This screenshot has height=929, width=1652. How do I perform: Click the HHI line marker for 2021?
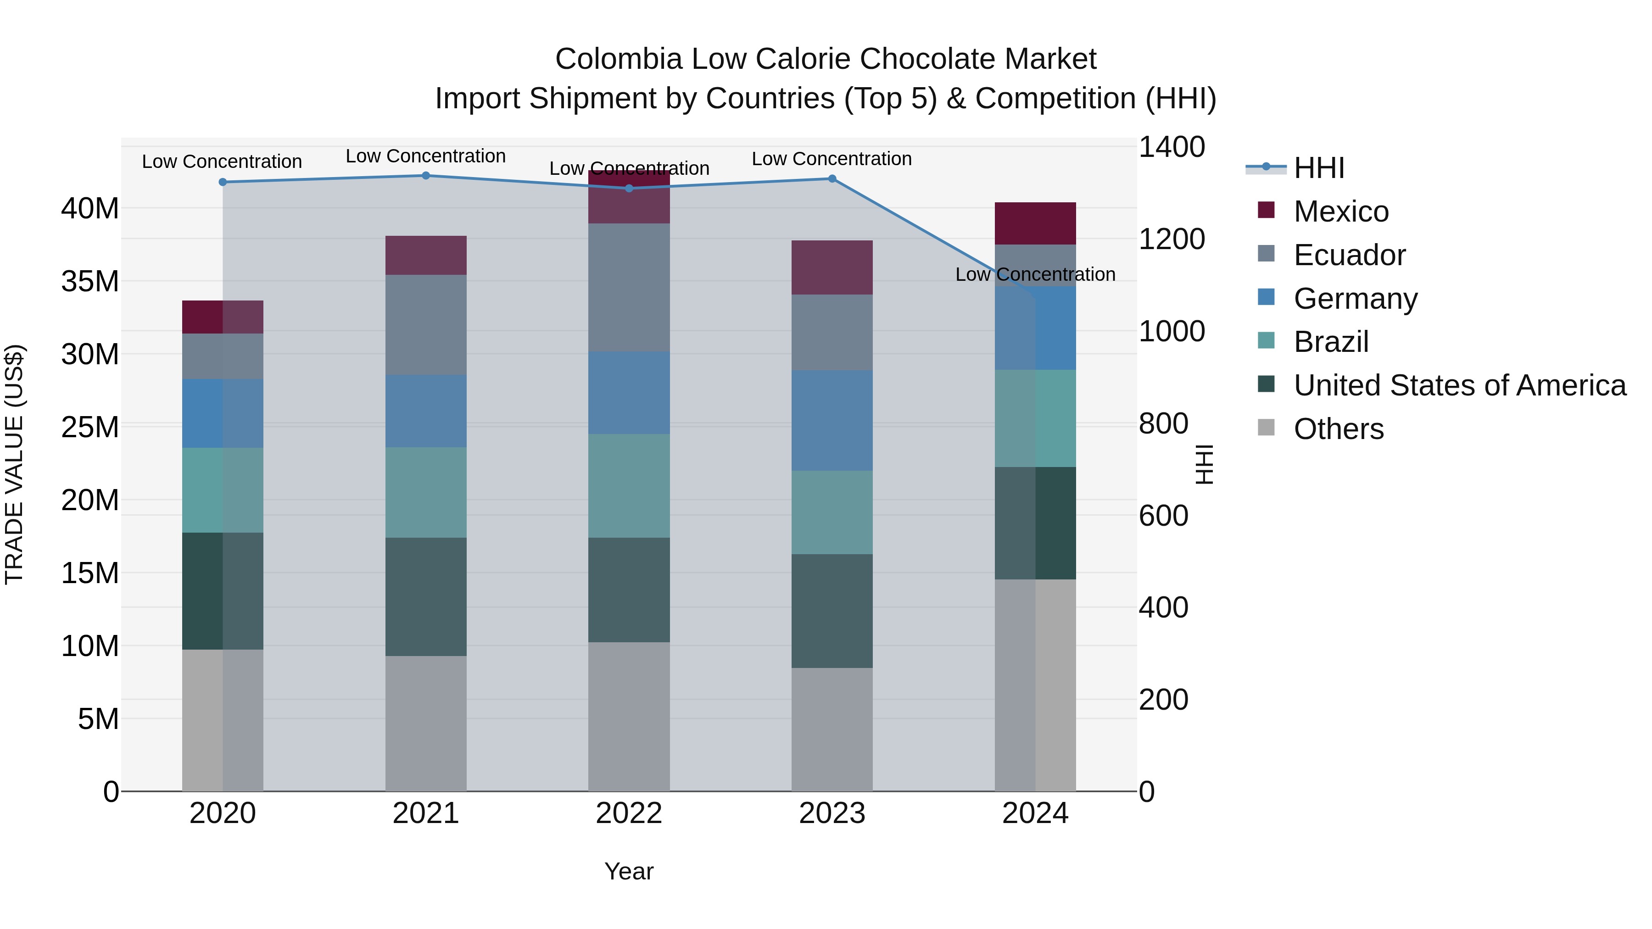(x=426, y=176)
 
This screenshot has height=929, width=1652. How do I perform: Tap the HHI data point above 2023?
(x=832, y=179)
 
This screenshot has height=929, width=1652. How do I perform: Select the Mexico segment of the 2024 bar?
(x=1035, y=223)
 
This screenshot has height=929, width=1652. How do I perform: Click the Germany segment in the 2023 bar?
(x=832, y=421)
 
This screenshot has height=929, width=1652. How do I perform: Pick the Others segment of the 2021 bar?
(x=426, y=723)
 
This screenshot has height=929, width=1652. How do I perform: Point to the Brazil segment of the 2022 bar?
(x=629, y=486)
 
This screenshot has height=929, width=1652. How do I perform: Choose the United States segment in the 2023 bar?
(x=832, y=611)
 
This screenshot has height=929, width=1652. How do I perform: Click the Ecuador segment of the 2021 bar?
(x=426, y=325)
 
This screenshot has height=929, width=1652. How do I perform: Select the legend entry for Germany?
(x=1355, y=299)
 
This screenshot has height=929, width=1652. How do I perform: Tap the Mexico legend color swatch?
(x=1266, y=210)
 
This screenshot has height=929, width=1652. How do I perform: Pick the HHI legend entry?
(x=1318, y=168)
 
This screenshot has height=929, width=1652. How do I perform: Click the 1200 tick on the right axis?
(x=1171, y=240)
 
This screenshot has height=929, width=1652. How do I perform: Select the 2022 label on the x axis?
(x=629, y=813)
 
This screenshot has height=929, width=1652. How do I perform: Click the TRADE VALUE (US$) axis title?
(x=14, y=465)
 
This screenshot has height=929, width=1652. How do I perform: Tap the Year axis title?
(x=629, y=871)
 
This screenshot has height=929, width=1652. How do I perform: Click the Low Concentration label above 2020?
(x=222, y=161)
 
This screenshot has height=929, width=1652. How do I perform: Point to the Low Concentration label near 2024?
(x=1035, y=274)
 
